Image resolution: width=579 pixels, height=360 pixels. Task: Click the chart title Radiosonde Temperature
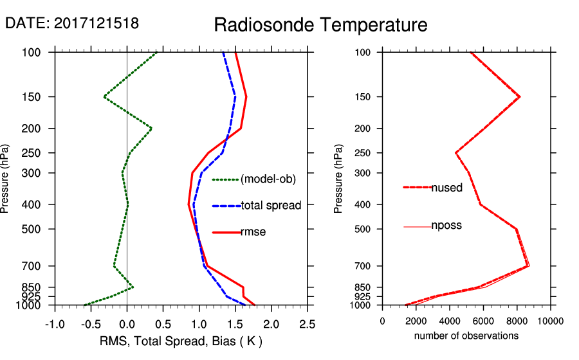click(320, 25)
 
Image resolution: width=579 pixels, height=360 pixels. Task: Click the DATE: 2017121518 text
click(72, 23)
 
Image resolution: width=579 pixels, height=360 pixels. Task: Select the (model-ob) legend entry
click(268, 179)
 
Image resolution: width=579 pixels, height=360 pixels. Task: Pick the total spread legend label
click(271, 206)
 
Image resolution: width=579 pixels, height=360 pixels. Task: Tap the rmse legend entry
click(253, 232)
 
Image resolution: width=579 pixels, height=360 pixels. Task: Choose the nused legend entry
click(446, 187)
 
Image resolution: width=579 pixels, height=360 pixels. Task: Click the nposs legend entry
click(446, 226)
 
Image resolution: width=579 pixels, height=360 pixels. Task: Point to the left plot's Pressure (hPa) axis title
click(6, 178)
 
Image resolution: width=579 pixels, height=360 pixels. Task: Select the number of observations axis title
click(466, 336)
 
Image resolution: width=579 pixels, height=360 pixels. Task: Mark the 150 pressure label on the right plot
click(363, 97)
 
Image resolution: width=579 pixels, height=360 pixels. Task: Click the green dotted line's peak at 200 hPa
click(151, 129)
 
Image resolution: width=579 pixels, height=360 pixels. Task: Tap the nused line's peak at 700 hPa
click(528, 265)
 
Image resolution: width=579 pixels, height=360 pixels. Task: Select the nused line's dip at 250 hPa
click(456, 153)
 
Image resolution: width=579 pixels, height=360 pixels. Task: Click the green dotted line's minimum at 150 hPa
click(104, 96)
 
